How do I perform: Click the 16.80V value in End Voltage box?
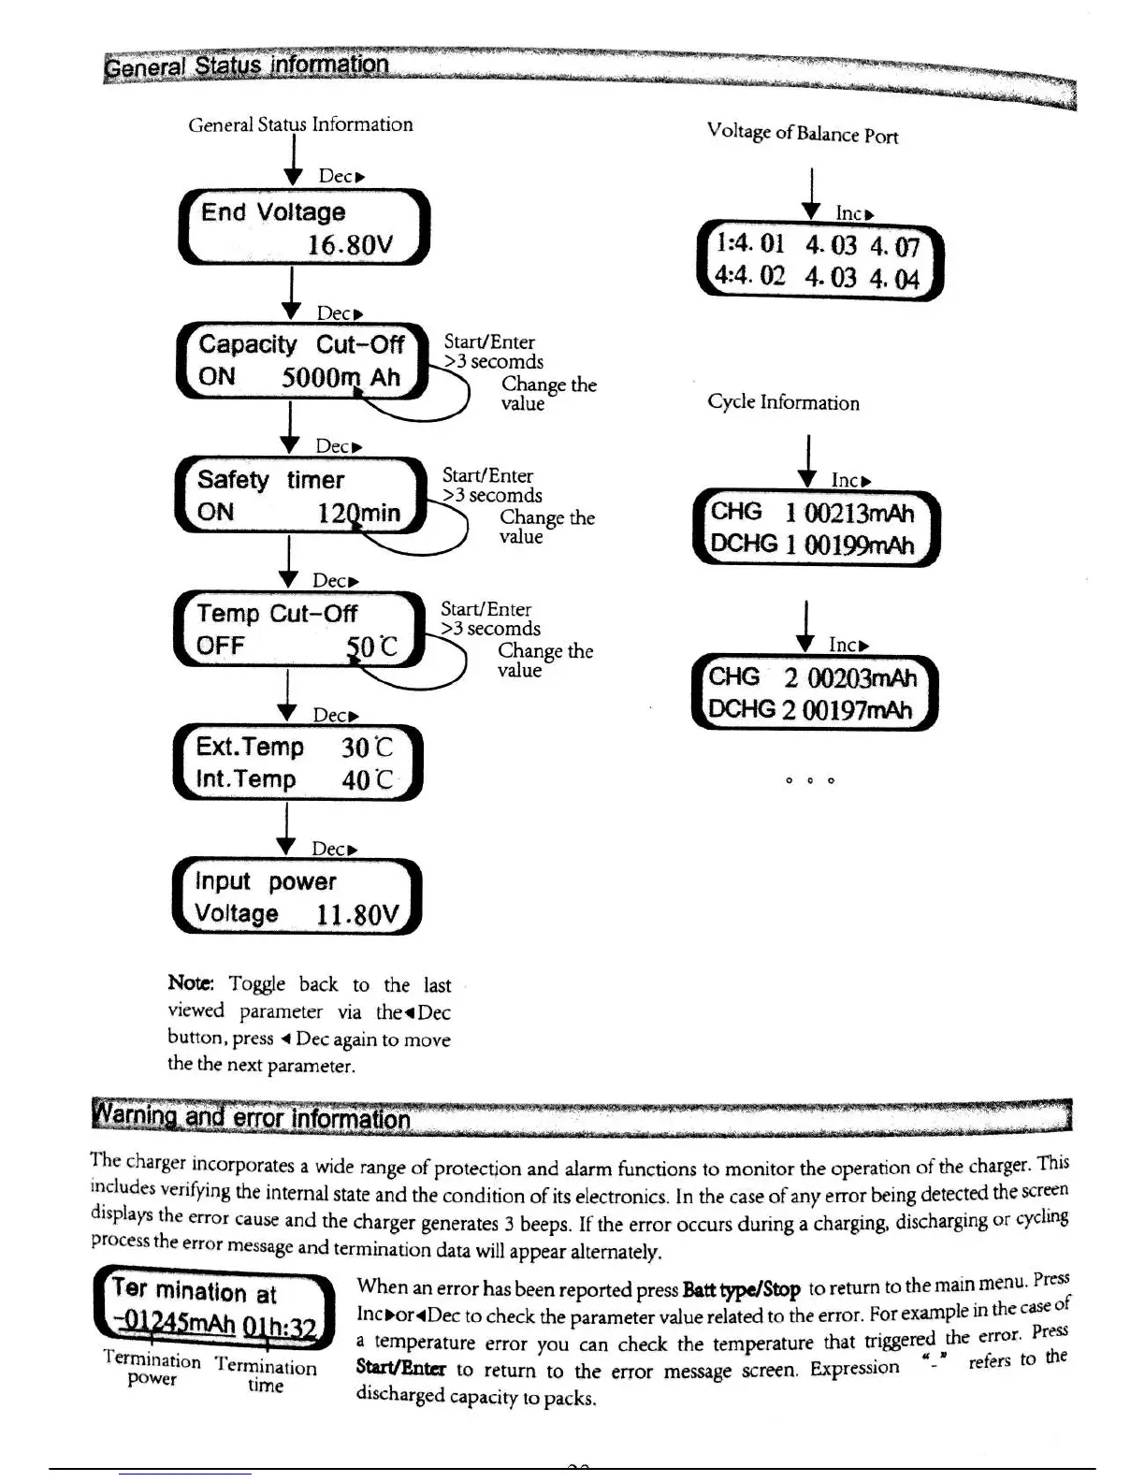(x=350, y=245)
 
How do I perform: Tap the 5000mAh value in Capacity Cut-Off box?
(x=341, y=378)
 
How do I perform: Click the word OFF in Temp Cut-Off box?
(x=220, y=646)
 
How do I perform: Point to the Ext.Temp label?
(x=250, y=747)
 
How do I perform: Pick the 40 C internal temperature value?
(x=367, y=779)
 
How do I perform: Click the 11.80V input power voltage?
(x=357, y=914)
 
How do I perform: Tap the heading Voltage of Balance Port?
(x=802, y=133)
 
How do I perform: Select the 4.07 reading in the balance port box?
(x=894, y=247)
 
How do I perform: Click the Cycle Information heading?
(x=783, y=402)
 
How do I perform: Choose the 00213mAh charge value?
(x=859, y=513)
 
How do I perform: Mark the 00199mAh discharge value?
(x=859, y=545)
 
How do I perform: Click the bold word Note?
(x=191, y=982)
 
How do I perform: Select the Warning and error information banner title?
(x=252, y=1117)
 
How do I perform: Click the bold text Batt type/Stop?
(x=741, y=1290)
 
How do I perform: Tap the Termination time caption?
(x=266, y=1375)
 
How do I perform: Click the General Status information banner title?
(x=246, y=65)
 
